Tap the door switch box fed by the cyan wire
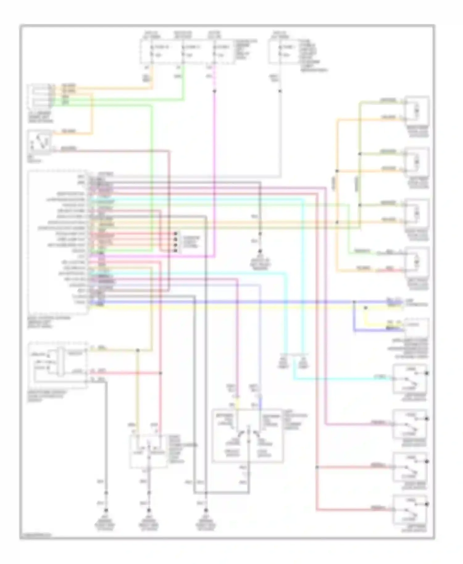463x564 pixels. [410, 379]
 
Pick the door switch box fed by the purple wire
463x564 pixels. [410, 424]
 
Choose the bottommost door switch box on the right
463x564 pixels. [410, 509]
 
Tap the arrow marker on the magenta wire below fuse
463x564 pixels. [215, 91]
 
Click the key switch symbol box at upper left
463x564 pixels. [40, 142]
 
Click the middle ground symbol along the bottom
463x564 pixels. [148, 511]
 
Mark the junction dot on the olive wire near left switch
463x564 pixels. [138, 350]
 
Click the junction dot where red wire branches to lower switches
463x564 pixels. [317, 467]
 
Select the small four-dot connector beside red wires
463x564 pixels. [176, 242]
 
